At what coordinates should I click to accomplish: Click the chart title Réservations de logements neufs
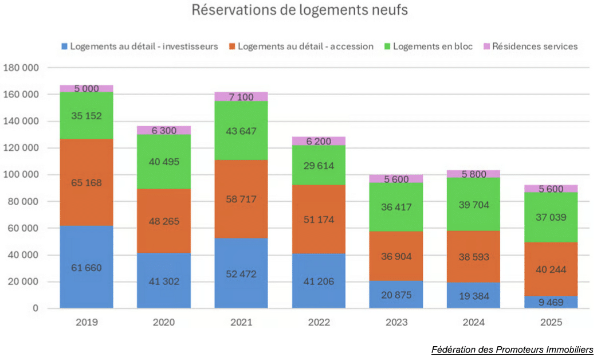pos(300,10)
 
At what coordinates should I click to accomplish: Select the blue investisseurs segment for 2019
pos(87,267)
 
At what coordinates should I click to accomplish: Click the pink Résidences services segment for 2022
pos(319,141)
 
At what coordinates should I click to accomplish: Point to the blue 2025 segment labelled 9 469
pos(551,302)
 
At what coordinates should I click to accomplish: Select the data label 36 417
pos(396,208)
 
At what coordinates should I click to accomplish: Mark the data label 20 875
pos(396,294)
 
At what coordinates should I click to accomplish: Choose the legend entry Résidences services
pos(535,46)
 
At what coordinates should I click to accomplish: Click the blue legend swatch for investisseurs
pos(64,46)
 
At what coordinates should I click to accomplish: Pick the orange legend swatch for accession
pos(231,46)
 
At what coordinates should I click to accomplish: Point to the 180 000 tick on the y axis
pos(21,68)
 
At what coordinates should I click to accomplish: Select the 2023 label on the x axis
pos(396,323)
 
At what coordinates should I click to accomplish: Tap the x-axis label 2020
pos(163,323)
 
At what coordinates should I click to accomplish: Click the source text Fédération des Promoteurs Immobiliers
pos(512,350)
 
